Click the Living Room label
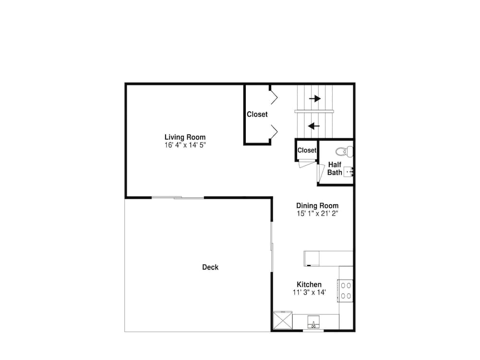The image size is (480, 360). point(185,137)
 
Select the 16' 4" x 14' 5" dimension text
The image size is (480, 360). point(185,145)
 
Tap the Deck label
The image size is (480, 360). point(210,267)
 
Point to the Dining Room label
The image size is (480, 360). point(317,206)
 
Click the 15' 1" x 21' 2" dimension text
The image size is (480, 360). point(317,214)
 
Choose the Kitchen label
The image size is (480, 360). point(309,284)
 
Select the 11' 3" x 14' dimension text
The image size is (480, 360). point(309,292)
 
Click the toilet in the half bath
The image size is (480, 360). point(344,151)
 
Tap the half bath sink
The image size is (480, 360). point(348,172)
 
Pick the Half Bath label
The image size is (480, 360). point(335,168)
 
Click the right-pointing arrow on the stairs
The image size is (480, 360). point(315,98)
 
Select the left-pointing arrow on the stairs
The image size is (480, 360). point(314,126)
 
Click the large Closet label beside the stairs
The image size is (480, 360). point(257,114)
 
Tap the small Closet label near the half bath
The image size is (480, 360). point(307,150)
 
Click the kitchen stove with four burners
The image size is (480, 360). point(345,290)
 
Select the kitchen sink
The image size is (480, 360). point(313,322)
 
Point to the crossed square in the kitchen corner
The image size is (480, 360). point(283,320)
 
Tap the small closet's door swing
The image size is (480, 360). point(307,164)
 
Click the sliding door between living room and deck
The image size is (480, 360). point(178,198)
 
